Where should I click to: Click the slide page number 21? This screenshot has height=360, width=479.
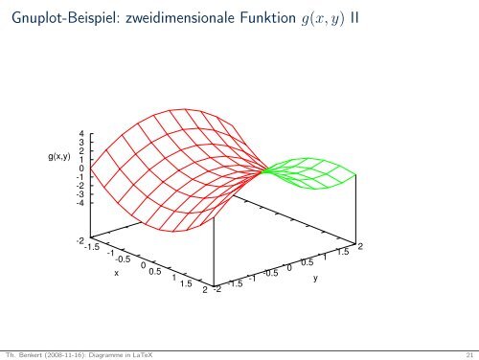(467, 353)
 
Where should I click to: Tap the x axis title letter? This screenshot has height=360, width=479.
(116, 273)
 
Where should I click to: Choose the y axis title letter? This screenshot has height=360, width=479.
(314, 279)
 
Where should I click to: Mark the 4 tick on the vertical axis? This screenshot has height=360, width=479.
(81, 134)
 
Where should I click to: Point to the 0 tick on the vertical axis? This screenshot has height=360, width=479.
(81, 169)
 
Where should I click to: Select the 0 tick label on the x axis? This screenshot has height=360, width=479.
(142, 266)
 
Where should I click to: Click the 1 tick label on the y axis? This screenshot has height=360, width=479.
(325, 257)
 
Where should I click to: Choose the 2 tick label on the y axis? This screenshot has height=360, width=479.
(360, 246)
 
